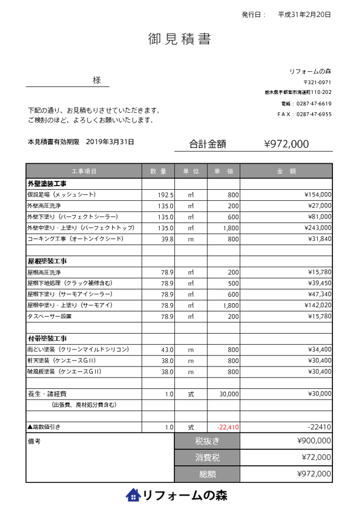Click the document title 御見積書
179,39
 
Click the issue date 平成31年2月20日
304,14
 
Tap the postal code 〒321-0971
317,82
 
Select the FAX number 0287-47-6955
314,114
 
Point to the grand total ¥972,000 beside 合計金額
286,144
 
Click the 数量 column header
158,171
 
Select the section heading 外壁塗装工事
47,184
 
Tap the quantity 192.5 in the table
165,194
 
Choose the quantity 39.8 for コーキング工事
167,239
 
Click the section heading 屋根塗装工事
47,260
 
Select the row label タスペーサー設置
49,317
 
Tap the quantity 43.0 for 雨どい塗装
167,349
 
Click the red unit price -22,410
228,427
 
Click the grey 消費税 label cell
207,457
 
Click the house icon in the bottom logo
133,495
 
